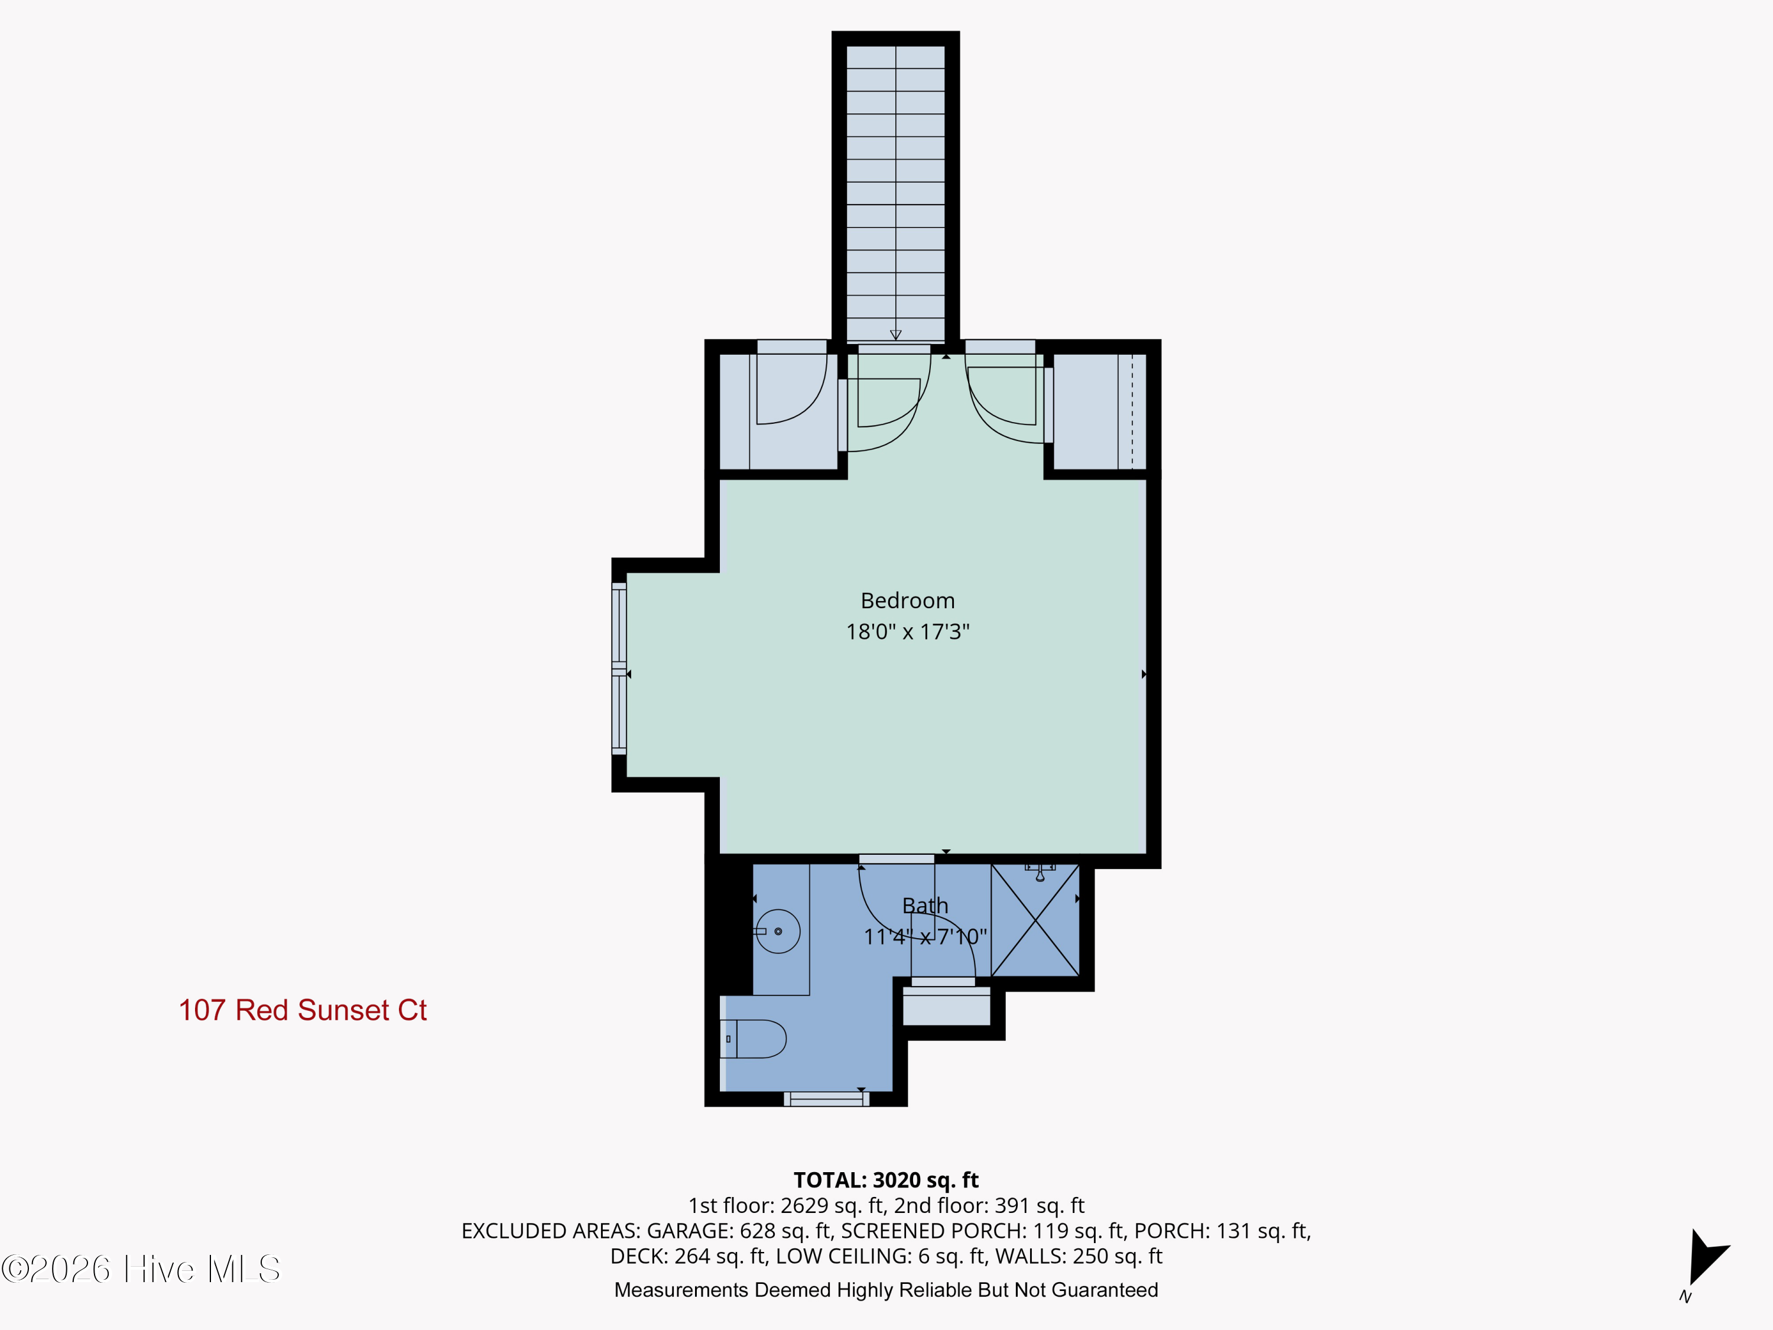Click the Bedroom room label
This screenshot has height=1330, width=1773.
click(907, 601)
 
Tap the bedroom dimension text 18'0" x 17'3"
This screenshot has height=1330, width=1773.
click(907, 632)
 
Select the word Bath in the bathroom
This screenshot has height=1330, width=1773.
click(925, 905)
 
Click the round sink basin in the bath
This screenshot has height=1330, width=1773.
click(778, 931)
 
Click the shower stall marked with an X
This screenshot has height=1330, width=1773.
click(1035, 920)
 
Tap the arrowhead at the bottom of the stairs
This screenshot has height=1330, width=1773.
click(895, 335)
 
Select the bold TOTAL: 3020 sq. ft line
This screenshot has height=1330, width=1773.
click(886, 1180)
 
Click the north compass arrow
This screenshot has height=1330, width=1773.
click(1706, 1257)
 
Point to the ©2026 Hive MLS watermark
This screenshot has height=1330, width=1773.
click(141, 1269)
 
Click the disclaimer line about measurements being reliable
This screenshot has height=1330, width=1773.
click(886, 1290)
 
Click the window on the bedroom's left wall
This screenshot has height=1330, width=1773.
click(619, 669)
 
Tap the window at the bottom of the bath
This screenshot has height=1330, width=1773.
click(826, 1099)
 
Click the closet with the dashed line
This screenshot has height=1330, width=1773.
click(1100, 411)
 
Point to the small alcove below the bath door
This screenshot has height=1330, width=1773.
click(947, 1006)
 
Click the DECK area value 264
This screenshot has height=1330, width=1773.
click(691, 1256)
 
